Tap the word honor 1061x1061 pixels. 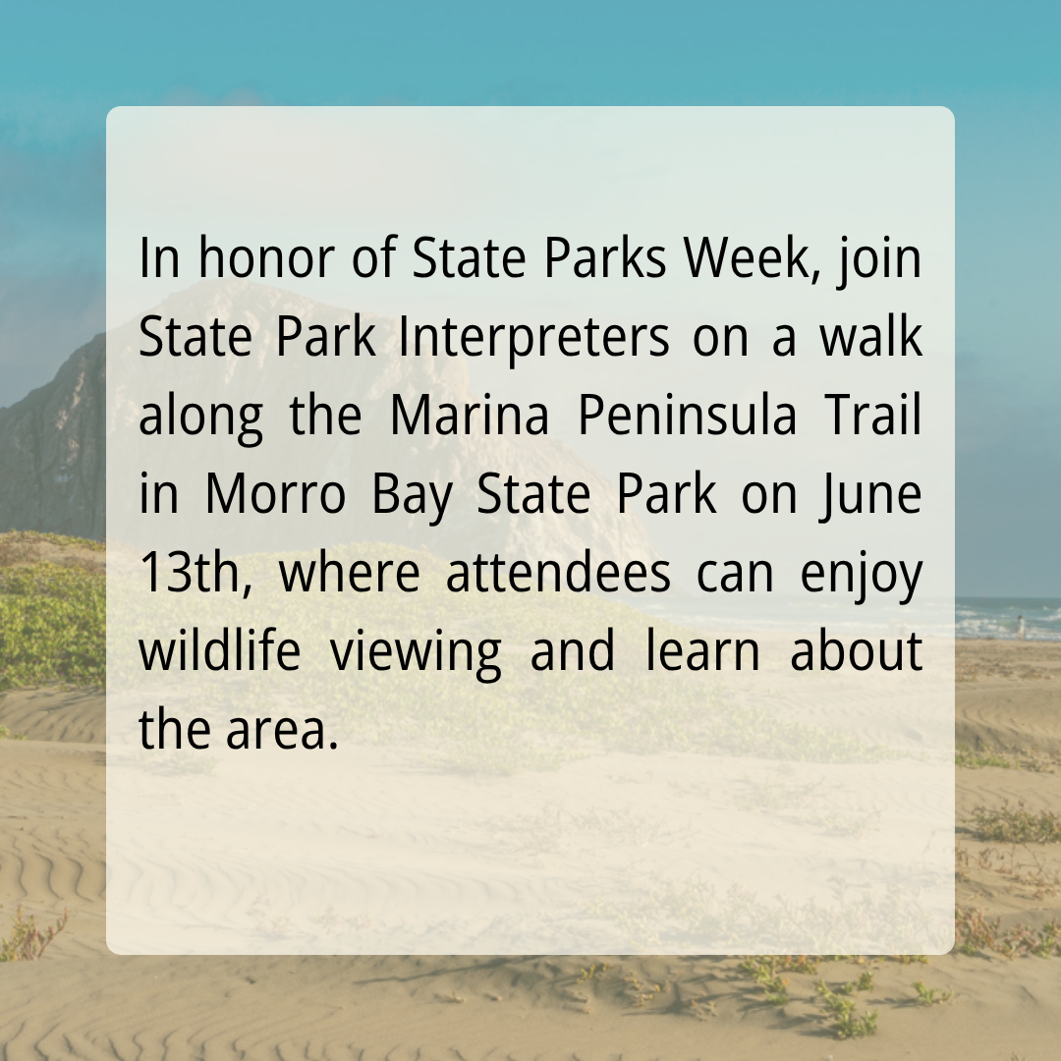coord(266,257)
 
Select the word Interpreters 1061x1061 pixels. coord(533,336)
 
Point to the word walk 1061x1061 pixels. coord(870,336)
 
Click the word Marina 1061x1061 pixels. coord(470,415)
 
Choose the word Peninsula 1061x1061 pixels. coord(688,415)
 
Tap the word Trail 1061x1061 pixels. coord(873,415)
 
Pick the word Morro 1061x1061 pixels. coord(275,493)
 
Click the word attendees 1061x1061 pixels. coord(558,573)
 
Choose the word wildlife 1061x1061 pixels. coord(219,649)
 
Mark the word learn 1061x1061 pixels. coord(703,649)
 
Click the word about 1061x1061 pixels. coord(857,649)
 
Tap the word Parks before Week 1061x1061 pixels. coord(605,257)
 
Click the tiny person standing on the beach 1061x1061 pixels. coord(1021,626)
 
